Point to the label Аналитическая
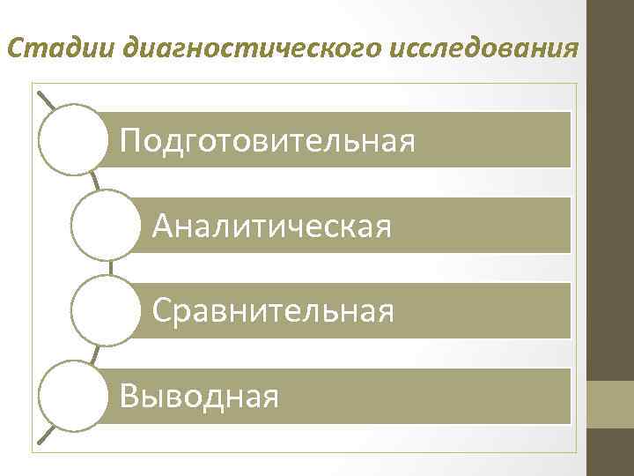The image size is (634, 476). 271,227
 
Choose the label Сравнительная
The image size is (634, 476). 273,310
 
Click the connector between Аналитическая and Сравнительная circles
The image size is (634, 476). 109,268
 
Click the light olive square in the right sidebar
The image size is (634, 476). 611,405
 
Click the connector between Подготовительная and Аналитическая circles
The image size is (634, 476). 94,182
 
